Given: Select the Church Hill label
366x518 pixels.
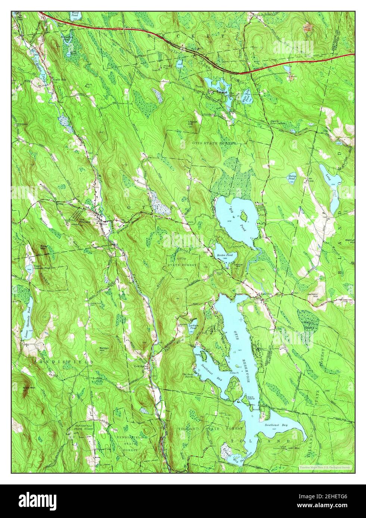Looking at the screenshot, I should click(x=193, y=123).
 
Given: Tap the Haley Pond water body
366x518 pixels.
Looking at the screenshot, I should click(x=292, y=178).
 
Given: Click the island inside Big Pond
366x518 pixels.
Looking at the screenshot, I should click(x=244, y=215).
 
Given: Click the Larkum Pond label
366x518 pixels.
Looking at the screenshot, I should click(x=193, y=327).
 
